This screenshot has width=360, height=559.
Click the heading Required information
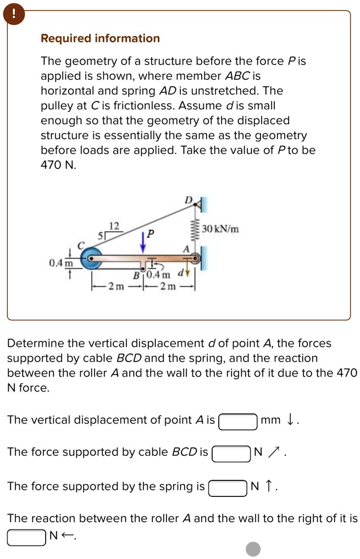point(101,38)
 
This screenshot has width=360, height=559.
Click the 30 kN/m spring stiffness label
point(220,229)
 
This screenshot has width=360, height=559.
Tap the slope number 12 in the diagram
point(114,226)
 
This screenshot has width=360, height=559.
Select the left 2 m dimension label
point(116,286)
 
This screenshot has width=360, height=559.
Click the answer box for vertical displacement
point(239,422)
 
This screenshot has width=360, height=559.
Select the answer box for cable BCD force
point(231,453)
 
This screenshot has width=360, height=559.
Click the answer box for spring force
point(228,488)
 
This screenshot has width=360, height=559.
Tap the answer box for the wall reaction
point(26,536)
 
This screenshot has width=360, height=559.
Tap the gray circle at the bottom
point(253,549)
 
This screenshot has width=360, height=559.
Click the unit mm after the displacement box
point(270,420)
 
